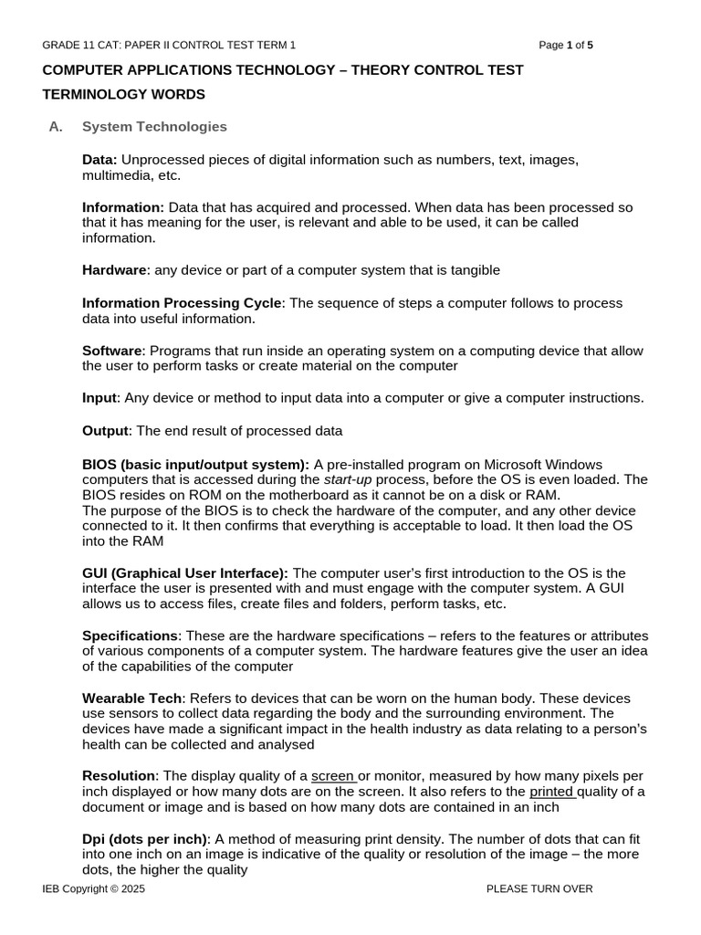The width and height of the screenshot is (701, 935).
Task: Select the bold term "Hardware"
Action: pyautogui.click(x=114, y=270)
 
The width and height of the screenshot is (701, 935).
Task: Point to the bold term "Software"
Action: pyautogui.click(x=112, y=351)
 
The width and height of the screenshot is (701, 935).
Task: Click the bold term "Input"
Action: pyautogui.click(x=100, y=398)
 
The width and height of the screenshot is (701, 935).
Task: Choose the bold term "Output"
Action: pyautogui.click(x=106, y=431)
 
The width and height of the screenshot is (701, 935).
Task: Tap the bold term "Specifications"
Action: pyautogui.click(x=130, y=636)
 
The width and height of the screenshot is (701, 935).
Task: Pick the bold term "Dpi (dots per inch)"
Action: pyautogui.click(x=145, y=839)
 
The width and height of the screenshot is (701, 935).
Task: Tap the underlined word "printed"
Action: pyautogui.click(x=550, y=791)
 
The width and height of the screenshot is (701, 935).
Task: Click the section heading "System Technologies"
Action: pyautogui.click(x=154, y=127)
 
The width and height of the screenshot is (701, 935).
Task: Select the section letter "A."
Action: pyautogui.click(x=56, y=127)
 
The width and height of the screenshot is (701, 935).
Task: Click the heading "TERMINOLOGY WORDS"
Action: pyautogui.click(x=124, y=95)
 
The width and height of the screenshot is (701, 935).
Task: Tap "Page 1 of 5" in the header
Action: pyautogui.click(x=566, y=45)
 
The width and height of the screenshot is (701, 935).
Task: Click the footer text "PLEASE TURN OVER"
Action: pyautogui.click(x=539, y=888)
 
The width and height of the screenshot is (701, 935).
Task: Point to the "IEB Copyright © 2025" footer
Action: pyautogui.click(x=93, y=888)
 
